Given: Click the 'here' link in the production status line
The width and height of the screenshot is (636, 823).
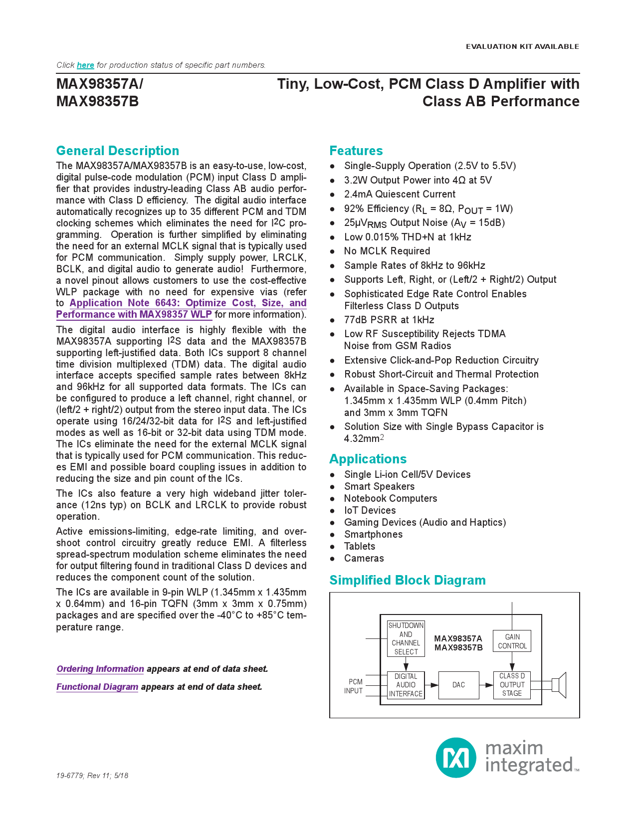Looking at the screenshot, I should coord(85,65).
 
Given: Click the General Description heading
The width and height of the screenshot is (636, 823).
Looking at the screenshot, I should coord(117,151).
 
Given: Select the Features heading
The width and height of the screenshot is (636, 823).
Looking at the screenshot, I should coord(356,151).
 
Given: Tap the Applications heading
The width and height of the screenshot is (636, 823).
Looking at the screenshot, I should coord(368,459).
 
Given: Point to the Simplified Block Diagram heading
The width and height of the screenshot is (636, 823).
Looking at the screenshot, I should coord(407,580).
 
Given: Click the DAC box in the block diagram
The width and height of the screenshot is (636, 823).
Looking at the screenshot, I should coord(458,685).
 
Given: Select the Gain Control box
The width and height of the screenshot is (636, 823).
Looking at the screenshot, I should coord(512,641).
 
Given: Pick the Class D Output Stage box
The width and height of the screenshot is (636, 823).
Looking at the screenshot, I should coord(512,685).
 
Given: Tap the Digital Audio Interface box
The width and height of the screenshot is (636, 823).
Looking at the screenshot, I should coord(406,685).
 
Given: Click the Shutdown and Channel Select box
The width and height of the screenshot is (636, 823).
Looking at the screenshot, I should coord(406,638).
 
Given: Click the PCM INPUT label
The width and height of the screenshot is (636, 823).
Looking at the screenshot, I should coord(354,686).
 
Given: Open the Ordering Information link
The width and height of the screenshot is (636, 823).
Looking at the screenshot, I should coord(100,669).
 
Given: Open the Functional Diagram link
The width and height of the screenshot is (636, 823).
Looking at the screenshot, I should coord(97,687).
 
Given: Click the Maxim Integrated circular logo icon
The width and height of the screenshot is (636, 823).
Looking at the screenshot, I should coord(456,758).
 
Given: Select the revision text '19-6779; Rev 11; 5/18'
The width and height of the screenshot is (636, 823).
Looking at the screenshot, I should coord(92,776).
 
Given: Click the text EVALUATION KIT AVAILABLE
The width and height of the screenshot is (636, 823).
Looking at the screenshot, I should coord(522,46).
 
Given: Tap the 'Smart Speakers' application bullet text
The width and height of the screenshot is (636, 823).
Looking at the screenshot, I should coord(379,486).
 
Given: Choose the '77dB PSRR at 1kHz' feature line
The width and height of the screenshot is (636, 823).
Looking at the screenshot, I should coord(389,320).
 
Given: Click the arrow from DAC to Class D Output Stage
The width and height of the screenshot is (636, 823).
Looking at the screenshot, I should coord(486,685).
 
